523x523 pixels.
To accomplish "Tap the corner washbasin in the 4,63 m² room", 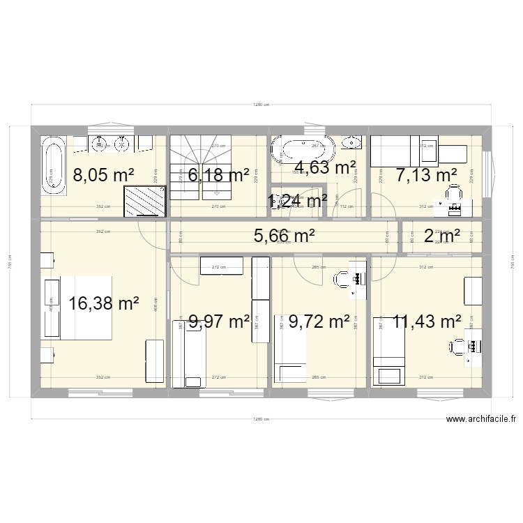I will pyautogui.click(x=351, y=144).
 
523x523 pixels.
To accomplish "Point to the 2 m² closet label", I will pyautogui.click(x=442, y=236).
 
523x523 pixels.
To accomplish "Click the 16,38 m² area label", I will pyautogui.click(x=105, y=303).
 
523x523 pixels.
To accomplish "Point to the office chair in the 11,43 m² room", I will pyautogui.click(x=457, y=346).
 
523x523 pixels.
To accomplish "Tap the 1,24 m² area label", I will pyautogui.click(x=298, y=202).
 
